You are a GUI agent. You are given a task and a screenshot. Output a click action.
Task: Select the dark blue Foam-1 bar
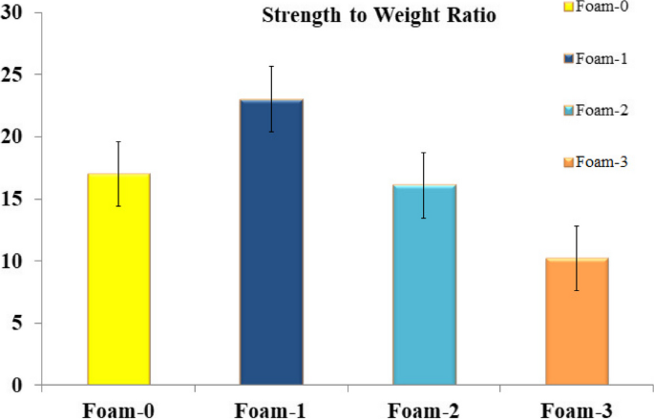271,242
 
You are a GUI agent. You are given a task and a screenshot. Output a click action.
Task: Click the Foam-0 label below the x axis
119,409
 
